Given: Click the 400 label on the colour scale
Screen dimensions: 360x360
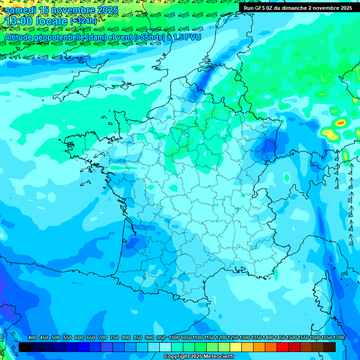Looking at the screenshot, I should coord(32,338).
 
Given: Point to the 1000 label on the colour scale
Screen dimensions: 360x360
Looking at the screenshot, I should coord(174,338).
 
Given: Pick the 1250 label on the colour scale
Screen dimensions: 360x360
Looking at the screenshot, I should coord(232,338).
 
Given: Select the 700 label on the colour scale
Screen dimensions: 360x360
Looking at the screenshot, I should coord(103,338).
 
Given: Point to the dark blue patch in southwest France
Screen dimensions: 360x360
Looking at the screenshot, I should coord(135,242).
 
